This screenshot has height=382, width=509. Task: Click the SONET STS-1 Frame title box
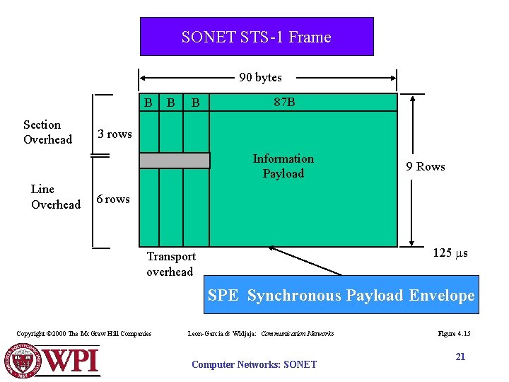256,37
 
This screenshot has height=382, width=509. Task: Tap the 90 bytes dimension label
260,77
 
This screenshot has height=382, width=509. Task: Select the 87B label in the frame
284,103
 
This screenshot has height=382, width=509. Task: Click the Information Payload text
283,166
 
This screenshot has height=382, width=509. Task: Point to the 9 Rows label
425,167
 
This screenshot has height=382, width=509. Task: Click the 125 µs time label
450,253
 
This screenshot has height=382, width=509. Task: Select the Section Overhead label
47,132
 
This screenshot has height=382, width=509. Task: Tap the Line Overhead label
55,197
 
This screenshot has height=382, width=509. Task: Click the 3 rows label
115,134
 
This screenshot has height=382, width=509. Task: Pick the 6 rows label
113,199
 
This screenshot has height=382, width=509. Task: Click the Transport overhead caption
170,264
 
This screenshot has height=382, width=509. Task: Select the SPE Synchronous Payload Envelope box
341,295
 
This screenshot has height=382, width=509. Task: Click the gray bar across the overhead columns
174,161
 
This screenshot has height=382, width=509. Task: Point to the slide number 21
460,357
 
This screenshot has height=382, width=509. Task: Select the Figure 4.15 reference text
454,333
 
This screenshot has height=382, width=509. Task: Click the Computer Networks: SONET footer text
254,364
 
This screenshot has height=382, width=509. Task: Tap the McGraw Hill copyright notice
83,333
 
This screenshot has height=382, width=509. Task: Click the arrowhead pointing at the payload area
272,248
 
